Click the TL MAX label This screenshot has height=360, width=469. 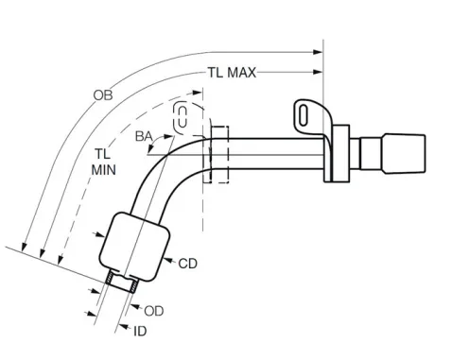click(232, 73)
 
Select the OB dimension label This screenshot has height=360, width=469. click(103, 95)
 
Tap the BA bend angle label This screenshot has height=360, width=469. click(144, 136)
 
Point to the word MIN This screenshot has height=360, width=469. click(104, 170)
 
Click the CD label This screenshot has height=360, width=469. click(187, 264)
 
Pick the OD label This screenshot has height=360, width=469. click(154, 311)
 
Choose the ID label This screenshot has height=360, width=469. click(140, 332)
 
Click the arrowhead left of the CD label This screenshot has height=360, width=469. click(168, 260)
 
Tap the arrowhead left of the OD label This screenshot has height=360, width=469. click(135, 306)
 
